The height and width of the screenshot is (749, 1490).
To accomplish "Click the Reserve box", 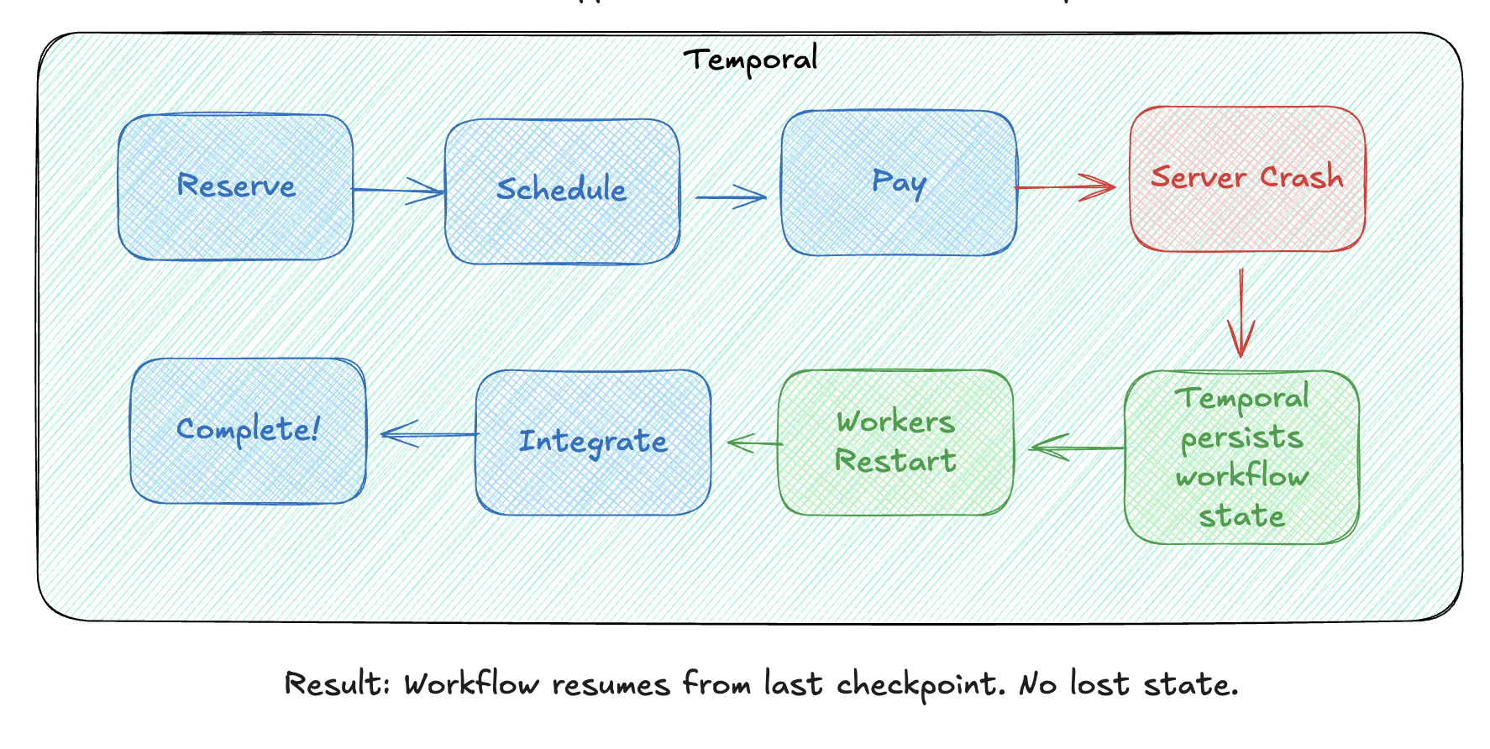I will tap(235, 186).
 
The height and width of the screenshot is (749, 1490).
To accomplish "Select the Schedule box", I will tap(562, 191).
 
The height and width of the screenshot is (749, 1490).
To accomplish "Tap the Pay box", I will tap(899, 183).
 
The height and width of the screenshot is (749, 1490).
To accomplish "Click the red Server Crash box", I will tap(1247, 179).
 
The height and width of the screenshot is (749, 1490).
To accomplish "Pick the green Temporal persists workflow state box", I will tap(1241, 457).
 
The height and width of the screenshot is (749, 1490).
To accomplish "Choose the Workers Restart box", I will tap(895, 442).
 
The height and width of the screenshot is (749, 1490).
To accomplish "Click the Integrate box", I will tap(593, 442).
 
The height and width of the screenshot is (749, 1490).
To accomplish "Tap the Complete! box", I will tap(248, 431).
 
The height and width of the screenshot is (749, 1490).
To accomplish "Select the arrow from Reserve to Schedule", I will tap(398, 191).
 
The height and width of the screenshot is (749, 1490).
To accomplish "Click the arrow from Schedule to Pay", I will tap(731, 197).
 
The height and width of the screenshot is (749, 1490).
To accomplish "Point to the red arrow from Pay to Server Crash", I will tap(1065, 187).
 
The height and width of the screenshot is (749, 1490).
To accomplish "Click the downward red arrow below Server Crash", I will tap(1241, 312).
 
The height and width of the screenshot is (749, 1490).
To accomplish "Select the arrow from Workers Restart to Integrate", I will tap(754, 443).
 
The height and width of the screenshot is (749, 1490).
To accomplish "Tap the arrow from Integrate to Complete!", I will tap(428, 434).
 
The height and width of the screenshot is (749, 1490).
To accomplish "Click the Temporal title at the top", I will tap(750, 60).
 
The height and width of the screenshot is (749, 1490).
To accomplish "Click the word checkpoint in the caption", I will tap(920, 685).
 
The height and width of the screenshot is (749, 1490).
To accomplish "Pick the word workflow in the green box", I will tap(1241, 477).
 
